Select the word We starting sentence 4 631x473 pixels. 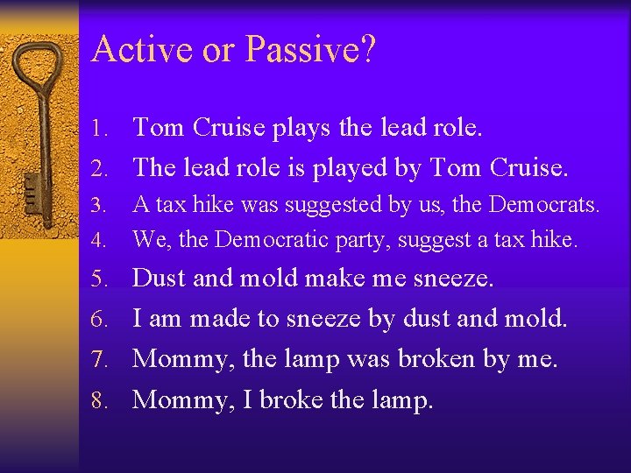pyautogui.click(x=146, y=239)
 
